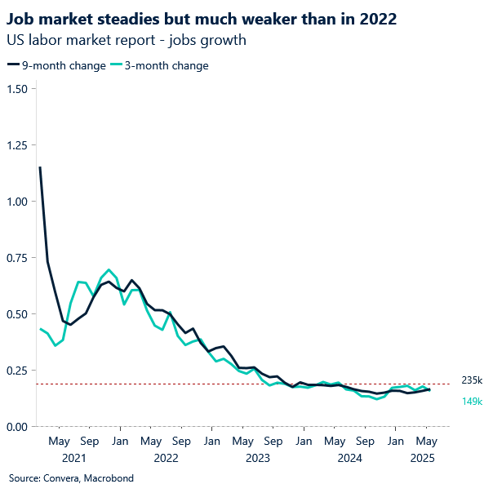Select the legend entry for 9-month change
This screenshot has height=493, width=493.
coord(56,65)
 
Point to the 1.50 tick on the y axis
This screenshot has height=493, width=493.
coord(16,88)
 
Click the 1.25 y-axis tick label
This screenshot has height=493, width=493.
coord(16,144)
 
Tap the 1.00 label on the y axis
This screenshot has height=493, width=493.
coord(16,201)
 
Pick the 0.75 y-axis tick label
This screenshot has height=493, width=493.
coord(16,257)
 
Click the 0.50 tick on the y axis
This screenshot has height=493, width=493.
coord(16,313)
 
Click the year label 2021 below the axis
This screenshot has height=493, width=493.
coord(73,458)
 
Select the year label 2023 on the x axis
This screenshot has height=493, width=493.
coord(257,458)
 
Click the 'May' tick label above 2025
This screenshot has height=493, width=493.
coord(425,442)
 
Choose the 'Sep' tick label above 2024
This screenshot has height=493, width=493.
coord(365,442)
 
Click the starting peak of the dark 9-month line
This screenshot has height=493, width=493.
coord(40,168)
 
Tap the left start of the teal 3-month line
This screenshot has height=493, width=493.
coord(40,329)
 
